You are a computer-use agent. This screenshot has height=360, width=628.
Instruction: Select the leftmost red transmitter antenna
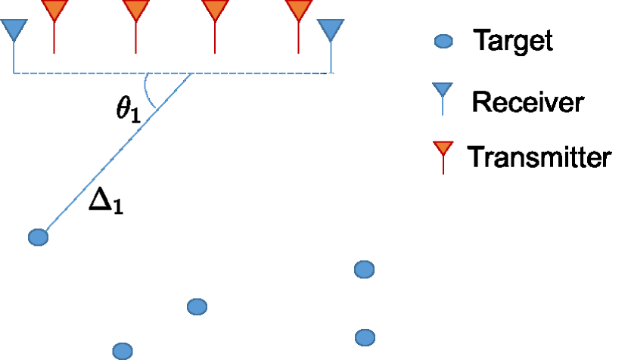54,11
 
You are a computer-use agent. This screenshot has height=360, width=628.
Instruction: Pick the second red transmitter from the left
135,11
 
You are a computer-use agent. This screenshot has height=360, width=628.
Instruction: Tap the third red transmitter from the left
216,11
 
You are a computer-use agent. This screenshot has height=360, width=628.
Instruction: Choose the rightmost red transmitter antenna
299,11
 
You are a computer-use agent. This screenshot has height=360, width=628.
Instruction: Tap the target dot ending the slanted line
38,237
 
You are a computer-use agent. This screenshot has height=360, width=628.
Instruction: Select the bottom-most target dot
123,350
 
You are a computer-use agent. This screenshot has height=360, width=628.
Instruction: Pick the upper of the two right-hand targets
365,269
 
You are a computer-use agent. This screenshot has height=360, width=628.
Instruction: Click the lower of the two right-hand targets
365,337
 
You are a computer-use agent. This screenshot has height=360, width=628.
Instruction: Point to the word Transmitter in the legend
539,157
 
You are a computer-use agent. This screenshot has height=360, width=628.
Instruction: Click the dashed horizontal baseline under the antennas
250,73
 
